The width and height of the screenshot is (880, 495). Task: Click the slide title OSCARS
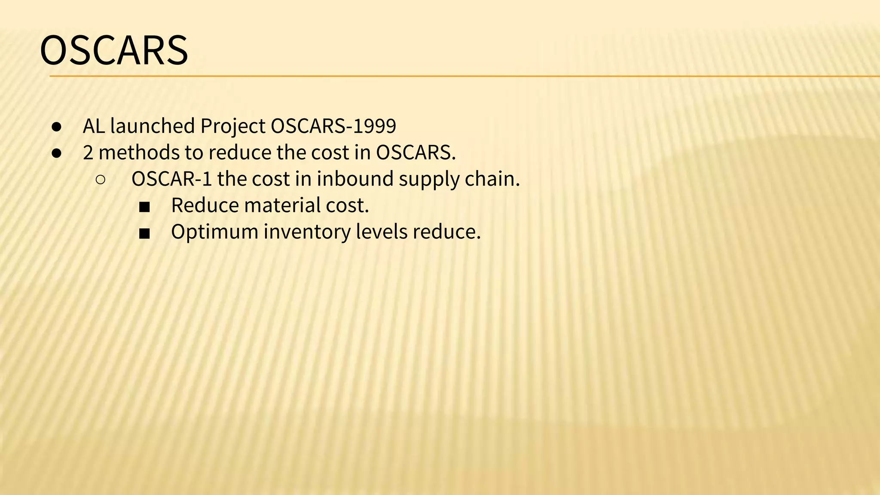coord(114,50)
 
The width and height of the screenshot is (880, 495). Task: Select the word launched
coord(153,126)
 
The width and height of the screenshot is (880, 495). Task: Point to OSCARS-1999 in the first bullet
coord(333,126)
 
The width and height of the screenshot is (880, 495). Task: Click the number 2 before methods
coord(88,153)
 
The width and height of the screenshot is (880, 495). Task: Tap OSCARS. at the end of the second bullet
coord(416,153)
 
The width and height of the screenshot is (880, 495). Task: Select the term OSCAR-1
coord(171,179)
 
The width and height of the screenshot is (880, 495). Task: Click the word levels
coord(382,232)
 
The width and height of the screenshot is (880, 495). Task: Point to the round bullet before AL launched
coord(57,127)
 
